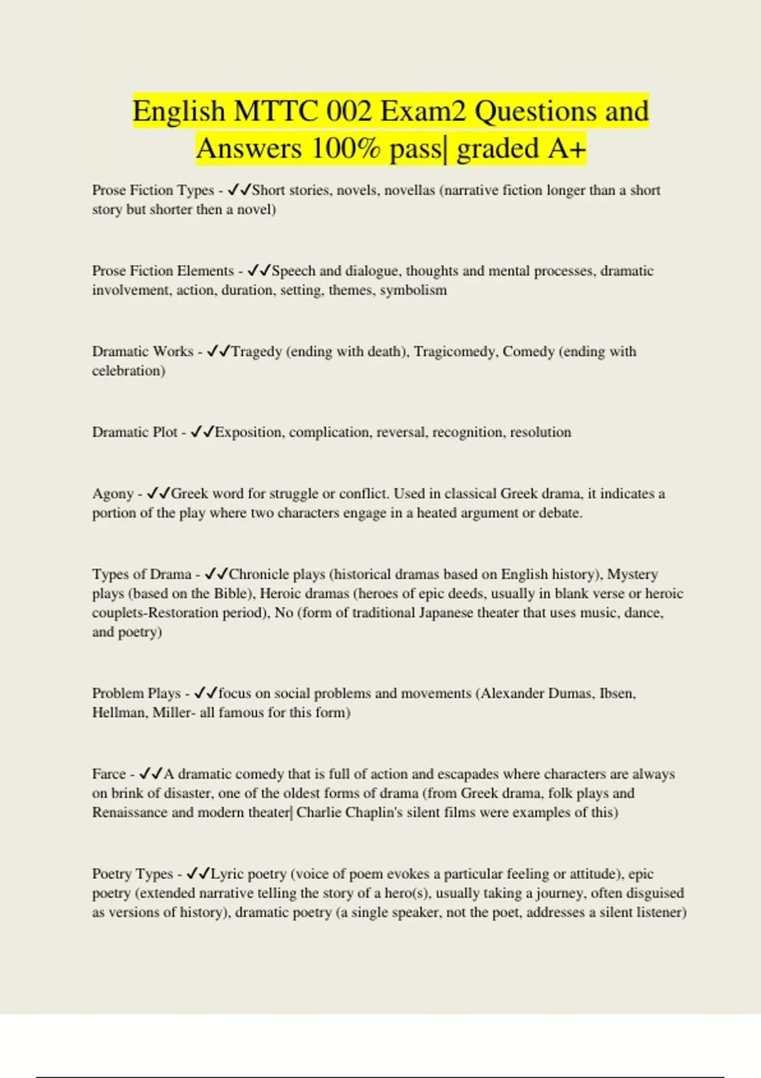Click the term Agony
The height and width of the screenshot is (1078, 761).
coord(112,494)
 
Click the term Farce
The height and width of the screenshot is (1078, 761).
coord(108,774)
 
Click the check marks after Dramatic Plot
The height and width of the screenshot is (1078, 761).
coord(202,432)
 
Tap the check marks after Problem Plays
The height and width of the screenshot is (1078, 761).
coord(205,693)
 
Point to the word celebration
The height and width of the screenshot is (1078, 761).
coord(128,371)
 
